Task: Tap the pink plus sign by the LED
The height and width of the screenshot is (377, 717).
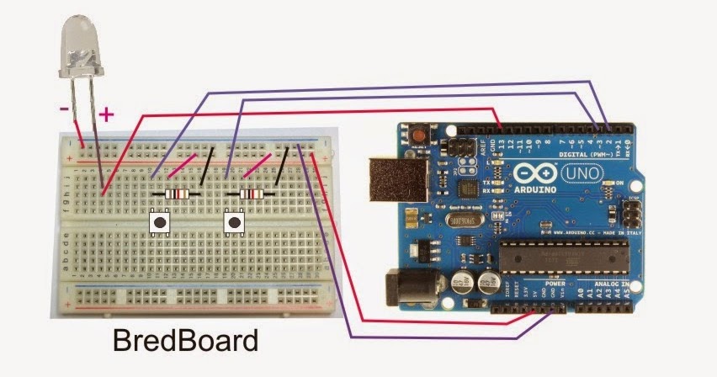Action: point(106,113)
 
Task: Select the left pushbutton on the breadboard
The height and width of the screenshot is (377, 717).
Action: point(159,222)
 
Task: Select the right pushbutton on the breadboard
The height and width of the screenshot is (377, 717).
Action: point(234,222)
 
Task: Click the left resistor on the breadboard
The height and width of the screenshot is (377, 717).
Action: point(178,194)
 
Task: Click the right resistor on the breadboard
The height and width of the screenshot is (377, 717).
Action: point(252,194)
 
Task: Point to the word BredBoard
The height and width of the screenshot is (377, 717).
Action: point(185,342)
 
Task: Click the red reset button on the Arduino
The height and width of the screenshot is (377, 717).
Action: point(417,134)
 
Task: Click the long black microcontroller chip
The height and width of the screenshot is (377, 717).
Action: point(564,258)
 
